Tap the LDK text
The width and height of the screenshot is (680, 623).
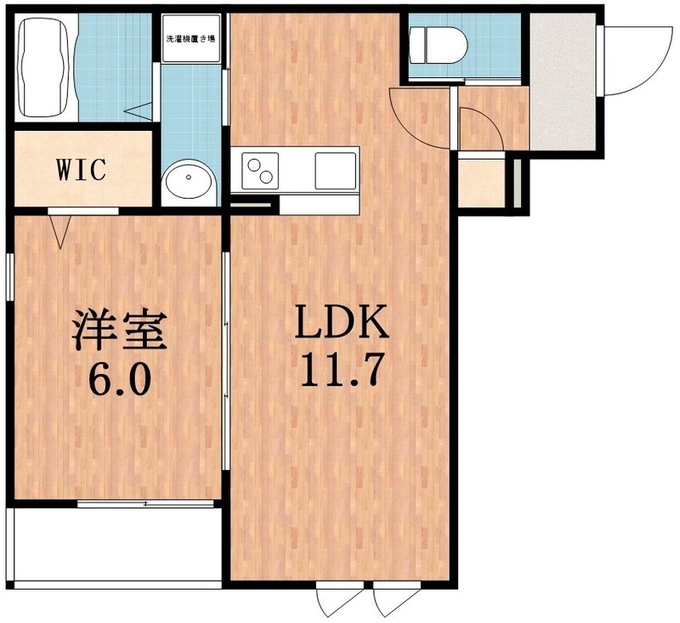[x=341, y=323]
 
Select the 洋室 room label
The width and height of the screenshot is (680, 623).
[x=117, y=330]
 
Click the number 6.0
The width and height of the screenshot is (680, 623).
[x=117, y=378]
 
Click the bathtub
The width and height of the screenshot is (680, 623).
[x=43, y=68]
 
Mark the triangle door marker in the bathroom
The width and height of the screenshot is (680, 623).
[x=140, y=109]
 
